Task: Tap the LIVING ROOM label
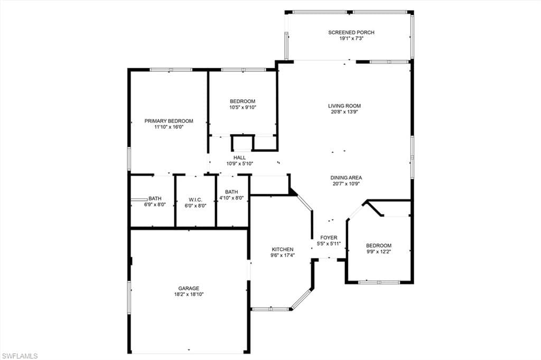pos(344,106)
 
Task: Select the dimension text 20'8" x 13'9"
pos(344,112)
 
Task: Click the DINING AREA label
pos(346,178)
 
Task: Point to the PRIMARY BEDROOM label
pos(169,121)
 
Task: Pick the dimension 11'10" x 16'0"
pos(169,127)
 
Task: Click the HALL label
pos(239,157)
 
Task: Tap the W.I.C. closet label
pos(195,200)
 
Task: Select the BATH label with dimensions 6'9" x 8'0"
pos(155,198)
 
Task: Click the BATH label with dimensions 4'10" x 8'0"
pos(231,192)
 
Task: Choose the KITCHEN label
pos(282,249)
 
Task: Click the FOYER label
pos(329,238)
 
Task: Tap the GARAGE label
pos(188,288)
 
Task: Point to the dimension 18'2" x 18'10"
pos(188,295)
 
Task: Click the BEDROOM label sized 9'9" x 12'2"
pos(379,245)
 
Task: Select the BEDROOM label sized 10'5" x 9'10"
pos(242,101)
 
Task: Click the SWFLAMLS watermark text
pos(19,356)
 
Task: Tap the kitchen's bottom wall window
pos(270,309)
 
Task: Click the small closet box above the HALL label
pos(242,144)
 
